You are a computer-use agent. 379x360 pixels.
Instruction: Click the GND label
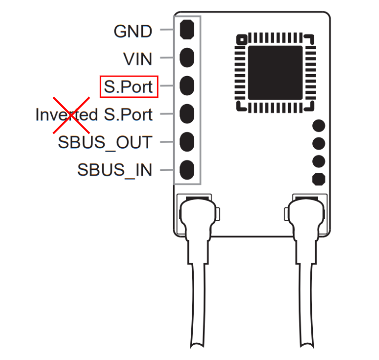(x=133, y=32)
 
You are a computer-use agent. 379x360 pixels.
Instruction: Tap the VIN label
(x=138, y=59)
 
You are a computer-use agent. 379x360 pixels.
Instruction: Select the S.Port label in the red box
(x=128, y=87)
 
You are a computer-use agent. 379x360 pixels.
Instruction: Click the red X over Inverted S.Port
(x=71, y=115)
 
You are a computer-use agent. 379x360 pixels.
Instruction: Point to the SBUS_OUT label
(x=105, y=143)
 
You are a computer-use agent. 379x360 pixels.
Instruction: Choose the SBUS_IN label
(x=115, y=170)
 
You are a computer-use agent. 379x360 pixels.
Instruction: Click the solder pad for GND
(x=187, y=30)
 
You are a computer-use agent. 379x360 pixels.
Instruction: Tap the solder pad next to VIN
(x=187, y=57)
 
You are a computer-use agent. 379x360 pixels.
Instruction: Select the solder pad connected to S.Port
(x=187, y=85)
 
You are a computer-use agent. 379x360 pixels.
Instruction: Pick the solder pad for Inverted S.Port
(x=187, y=114)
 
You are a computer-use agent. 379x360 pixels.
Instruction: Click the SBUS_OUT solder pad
(x=187, y=142)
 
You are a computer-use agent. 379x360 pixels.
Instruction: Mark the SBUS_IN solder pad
(x=187, y=170)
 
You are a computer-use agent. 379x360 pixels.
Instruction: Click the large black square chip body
(x=275, y=73)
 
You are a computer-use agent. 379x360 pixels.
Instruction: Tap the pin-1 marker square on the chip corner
(x=242, y=40)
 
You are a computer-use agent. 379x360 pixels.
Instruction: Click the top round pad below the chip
(x=319, y=125)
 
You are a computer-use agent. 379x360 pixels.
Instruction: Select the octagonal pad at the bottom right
(x=319, y=179)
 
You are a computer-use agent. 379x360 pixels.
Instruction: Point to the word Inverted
(x=67, y=115)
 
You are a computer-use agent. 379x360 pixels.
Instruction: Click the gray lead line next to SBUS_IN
(x=167, y=170)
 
